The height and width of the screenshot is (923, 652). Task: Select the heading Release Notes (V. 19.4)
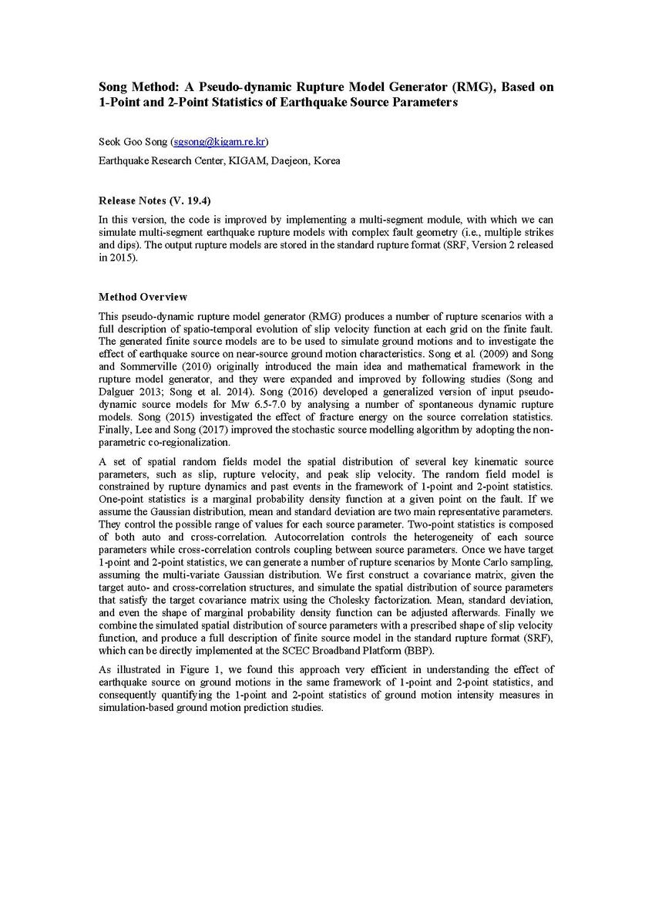(148, 200)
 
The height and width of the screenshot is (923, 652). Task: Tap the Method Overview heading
(143, 297)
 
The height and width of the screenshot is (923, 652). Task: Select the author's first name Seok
(111, 142)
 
